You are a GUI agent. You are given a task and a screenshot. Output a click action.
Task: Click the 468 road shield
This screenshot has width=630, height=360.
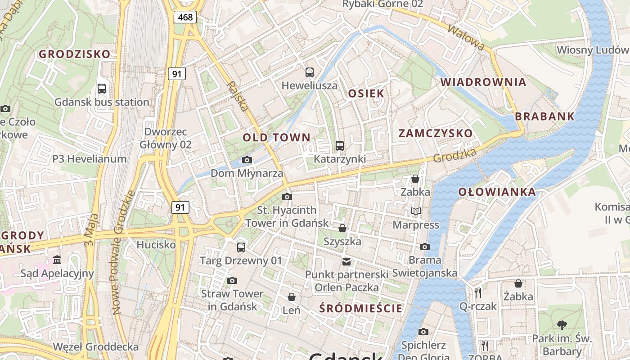click(x=185, y=18)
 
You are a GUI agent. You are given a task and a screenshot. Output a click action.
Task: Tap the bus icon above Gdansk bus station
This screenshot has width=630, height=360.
click(x=102, y=88)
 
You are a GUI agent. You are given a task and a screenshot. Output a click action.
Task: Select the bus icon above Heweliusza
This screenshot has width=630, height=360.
click(x=310, y=72)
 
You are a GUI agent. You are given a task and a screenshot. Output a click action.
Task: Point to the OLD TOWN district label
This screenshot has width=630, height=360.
click(x=277, y=137)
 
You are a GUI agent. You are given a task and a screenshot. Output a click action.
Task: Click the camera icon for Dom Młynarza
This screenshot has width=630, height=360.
click(x=247, y=160)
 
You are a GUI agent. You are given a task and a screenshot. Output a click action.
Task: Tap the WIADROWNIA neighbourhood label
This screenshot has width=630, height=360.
click(x=483, y=82)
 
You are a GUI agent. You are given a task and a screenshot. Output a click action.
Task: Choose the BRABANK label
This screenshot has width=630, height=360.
click(x=545, y=116)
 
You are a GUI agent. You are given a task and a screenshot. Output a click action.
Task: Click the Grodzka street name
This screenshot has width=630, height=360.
click(x=454, y=156)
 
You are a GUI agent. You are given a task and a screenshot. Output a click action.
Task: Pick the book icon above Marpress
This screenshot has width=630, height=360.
click(x=416, y=211)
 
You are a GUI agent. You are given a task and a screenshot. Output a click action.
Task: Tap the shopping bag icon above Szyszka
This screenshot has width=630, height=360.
click(x=342, y=228)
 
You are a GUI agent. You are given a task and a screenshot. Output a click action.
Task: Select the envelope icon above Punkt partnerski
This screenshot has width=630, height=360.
click(x=346, y=261)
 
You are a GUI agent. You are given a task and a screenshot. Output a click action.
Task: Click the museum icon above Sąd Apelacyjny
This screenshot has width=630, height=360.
click(x=57, y=260)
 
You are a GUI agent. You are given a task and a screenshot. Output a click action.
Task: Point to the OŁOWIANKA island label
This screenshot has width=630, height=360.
click(x=497, y=192)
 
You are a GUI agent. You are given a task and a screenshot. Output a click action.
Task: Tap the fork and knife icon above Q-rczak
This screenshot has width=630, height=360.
click(x=478, y=292)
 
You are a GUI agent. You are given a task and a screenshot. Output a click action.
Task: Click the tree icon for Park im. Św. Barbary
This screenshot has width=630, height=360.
click(x=562, y=325)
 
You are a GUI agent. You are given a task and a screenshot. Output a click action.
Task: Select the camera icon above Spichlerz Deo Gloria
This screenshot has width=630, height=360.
click(x=423, y=332)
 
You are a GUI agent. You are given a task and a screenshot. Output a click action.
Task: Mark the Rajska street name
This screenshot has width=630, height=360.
click(x=237, y=96)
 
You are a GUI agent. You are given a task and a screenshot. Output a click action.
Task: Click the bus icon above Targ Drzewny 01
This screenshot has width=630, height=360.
click(x=241, y=247)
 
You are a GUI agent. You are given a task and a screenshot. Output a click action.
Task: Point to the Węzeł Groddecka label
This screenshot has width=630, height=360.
click(x=96, y=347)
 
